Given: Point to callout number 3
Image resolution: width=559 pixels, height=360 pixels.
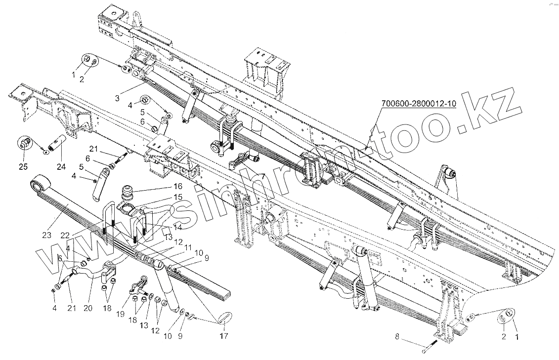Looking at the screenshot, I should coord(117,98).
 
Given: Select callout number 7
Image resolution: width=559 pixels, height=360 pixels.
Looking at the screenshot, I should coord(262,176).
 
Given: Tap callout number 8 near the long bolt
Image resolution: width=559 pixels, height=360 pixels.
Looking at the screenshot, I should coord(397,338).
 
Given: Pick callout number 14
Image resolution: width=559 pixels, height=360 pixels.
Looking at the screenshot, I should coord(178,227).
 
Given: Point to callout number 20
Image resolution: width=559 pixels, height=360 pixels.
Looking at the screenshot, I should coord(87,309).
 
